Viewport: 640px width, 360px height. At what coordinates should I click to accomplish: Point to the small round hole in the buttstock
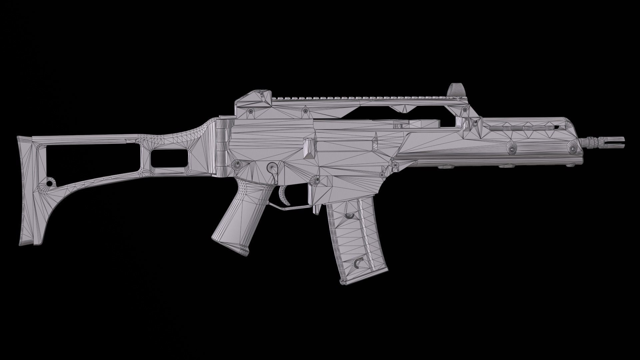[x=50, y=183]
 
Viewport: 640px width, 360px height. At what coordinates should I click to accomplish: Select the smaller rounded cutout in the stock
[x=168, y=158]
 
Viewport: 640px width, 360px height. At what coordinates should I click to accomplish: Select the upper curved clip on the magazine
[x=349, y=216]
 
